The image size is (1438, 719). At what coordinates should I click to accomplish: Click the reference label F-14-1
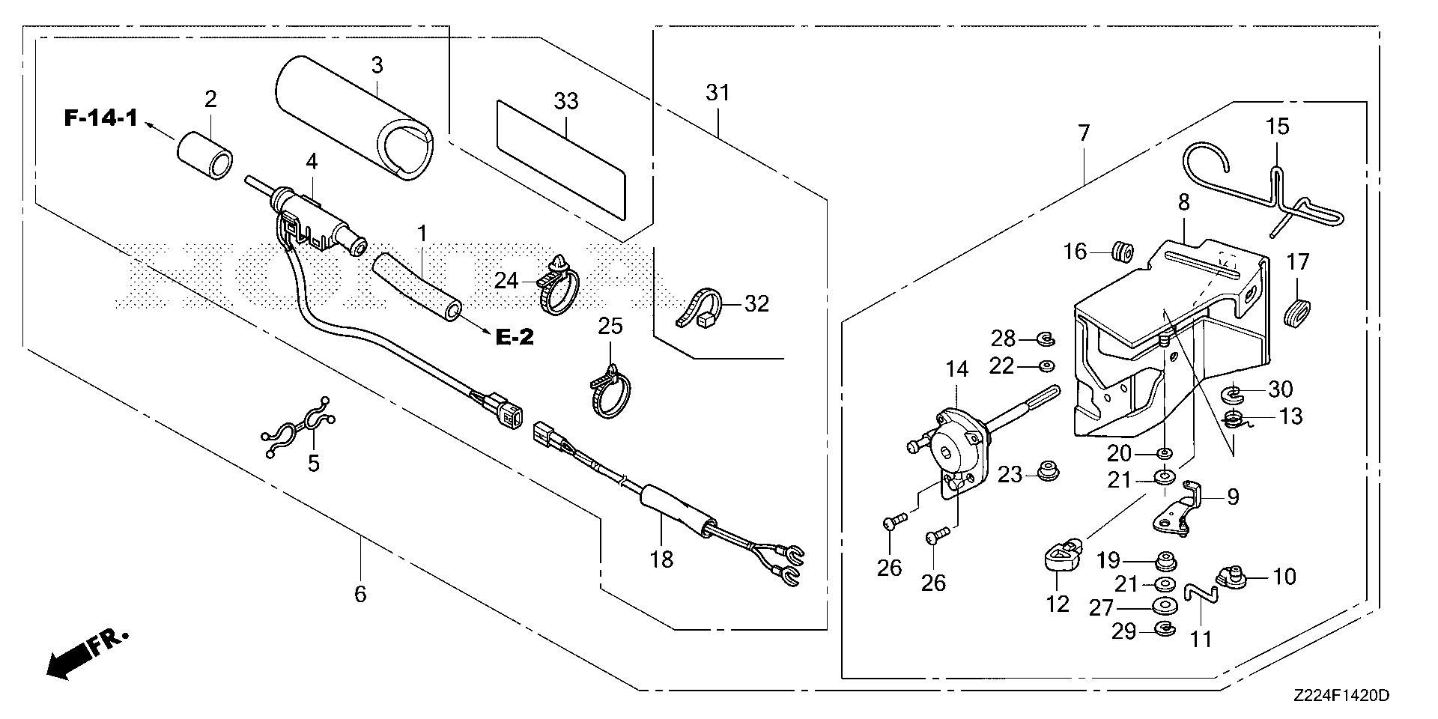(x=100, y=118)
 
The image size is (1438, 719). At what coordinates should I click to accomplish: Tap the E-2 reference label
(x=515, y=338)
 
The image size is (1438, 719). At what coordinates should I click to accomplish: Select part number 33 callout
(x=566, y=101)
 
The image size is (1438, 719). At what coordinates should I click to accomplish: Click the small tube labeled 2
(x=204, y=155)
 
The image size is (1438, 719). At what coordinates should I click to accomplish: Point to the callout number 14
(x=956, y=368)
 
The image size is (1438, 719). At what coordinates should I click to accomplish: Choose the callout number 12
(x=1057, y=603)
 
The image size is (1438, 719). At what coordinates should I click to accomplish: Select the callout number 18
(x=662, y=557)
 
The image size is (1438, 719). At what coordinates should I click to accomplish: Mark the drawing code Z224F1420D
(x=1340, y=695)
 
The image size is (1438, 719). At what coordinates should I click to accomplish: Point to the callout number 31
(x=717, y=93)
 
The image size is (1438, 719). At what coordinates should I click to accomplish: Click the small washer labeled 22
(x=1046, y=365)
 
